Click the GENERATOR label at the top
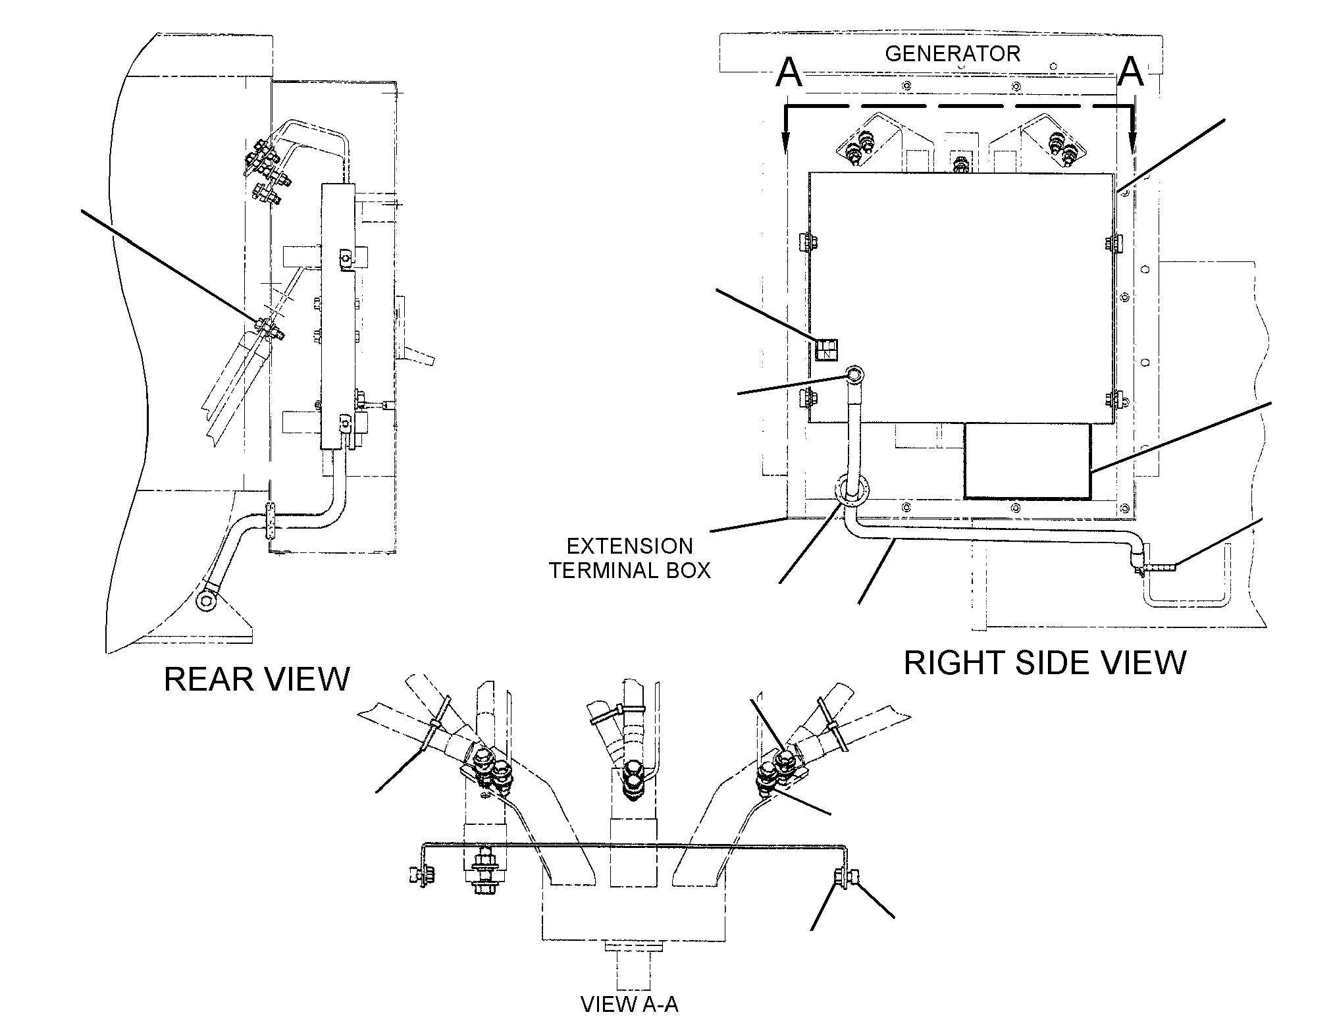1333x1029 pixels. (x=952, y=53)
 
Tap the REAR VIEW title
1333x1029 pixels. (x=257, y=679)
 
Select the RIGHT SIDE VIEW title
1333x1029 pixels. (x=1045, y=662)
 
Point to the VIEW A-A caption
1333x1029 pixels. (x=629, y=1004)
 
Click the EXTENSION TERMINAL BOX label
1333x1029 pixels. (x=630, y=558)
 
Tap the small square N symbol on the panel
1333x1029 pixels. (x=826, y=350)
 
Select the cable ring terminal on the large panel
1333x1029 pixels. (x=854, y=375)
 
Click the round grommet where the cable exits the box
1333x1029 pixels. (x=852, y=491)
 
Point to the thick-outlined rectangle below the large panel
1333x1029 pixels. (x=1027, y=460)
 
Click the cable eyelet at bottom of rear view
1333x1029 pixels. (x=207, y=600)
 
